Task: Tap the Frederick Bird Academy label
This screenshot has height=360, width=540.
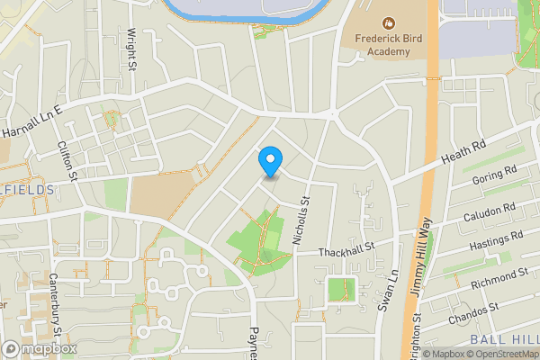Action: pyautogui.click(x=389, y=45)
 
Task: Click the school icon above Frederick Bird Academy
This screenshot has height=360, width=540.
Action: pyautogui.click(x=389, y=22)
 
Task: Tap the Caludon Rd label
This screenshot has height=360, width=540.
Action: pyautogui.click(x=490, y=212)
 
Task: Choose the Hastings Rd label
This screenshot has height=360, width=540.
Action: pyautogui.click(x=496, y=240)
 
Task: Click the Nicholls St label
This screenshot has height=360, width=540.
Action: pyautogui.click(x=301, y=221)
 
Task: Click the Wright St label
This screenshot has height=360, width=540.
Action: pyautogui.click(x=131, y=49)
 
